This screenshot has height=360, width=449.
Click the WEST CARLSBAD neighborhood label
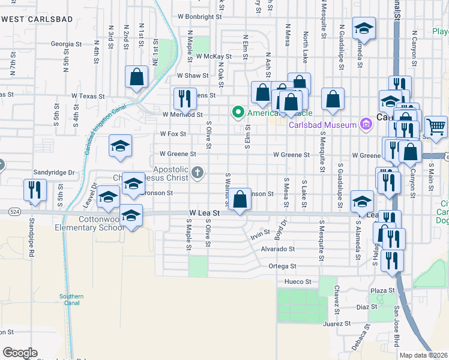pos(37,19)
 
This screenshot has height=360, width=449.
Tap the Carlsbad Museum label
pos(323,125)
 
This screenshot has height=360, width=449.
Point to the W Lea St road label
pos(205,213)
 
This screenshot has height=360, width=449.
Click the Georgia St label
pos(66,44)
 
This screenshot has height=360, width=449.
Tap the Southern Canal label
pos(71,299)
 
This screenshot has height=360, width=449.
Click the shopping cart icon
pos(436,127)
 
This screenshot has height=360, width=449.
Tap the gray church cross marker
pos(197,173)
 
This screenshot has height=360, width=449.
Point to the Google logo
pos(20,353)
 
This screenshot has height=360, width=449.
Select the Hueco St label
pos(298,281)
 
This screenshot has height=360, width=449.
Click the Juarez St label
pos(336,324)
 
